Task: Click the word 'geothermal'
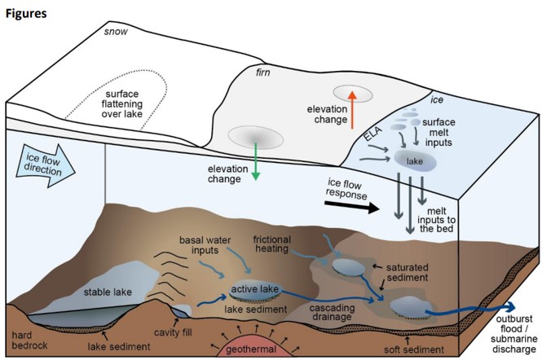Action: point(252,350)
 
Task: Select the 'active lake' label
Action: point(255,289)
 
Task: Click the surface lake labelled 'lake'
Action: point(415,160)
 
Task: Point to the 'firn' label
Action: point(261,72)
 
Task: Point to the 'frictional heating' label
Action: point(278,244)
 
